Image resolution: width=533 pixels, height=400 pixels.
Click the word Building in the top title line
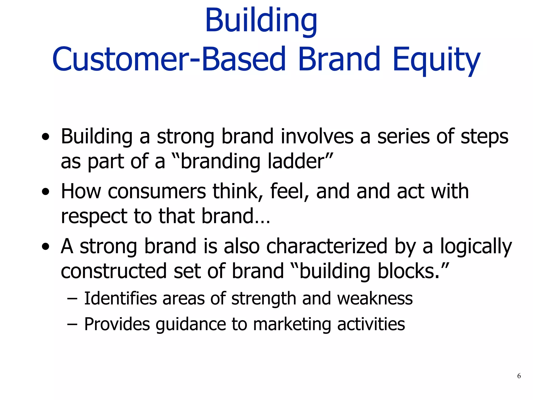pyautogui.click(x=261, y=21)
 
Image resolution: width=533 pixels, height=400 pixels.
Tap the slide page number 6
pyautogui.click(x=519, y=376)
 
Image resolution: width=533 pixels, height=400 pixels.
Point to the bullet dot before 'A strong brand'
pyautogui.click(x=46, y=247)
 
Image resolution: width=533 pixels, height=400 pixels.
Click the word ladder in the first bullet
pyautogui.click(x=298, y=161)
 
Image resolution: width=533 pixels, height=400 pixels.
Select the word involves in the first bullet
pyautogui.click(x=317, y=136)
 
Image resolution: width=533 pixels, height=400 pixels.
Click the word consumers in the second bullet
pyautogui.click(x=157, y=192)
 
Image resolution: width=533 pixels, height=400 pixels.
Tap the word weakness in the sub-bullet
pyautogui.click(x=375, y=298)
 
